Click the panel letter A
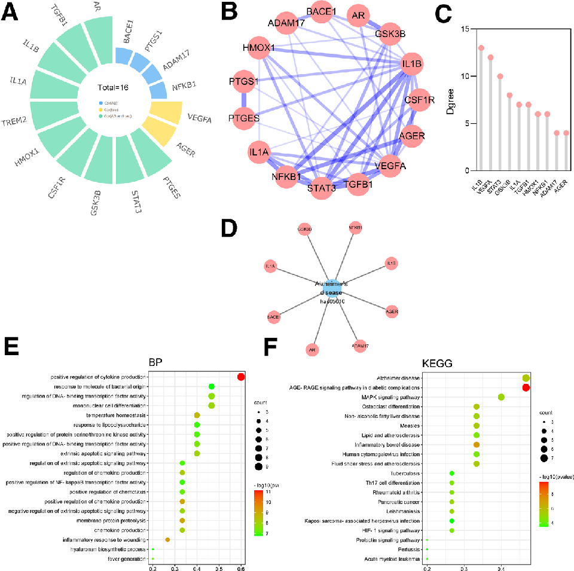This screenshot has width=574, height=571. [13, 13]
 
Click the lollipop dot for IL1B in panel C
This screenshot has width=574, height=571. [481, 48]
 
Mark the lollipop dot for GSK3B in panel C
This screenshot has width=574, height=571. [509, 95]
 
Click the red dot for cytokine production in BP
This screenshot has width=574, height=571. [241, 377]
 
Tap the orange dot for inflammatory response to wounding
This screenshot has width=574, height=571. [167, 540]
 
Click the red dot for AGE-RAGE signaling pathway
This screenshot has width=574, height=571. [526, 387]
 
